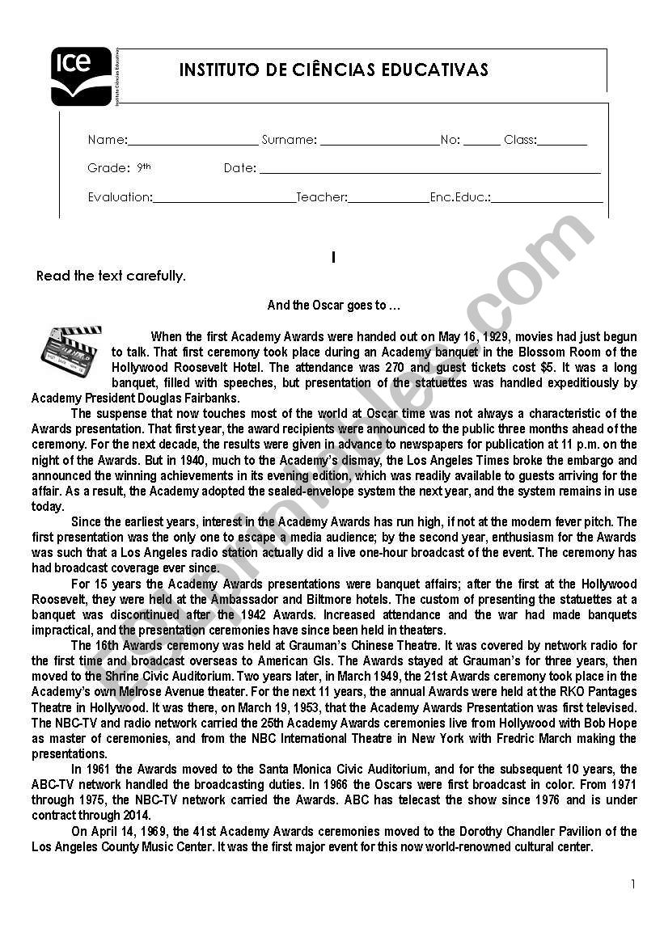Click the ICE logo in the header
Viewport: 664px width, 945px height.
(81, 77)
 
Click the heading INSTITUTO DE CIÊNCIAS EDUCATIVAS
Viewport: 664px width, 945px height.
(333, 70)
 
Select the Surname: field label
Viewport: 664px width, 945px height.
(289, 140)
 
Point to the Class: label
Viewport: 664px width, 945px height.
(519, 140)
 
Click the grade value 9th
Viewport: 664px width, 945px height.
(144, 167)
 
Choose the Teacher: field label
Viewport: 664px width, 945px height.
(322, 196)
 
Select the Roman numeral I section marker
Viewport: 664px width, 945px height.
(333, 257)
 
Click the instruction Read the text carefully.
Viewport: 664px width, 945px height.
(111, 276)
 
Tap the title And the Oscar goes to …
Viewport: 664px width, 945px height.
(334, 306)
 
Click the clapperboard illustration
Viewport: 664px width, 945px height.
(71, 350)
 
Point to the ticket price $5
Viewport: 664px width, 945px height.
(540, 367)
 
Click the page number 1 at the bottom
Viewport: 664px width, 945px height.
(633, 884)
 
